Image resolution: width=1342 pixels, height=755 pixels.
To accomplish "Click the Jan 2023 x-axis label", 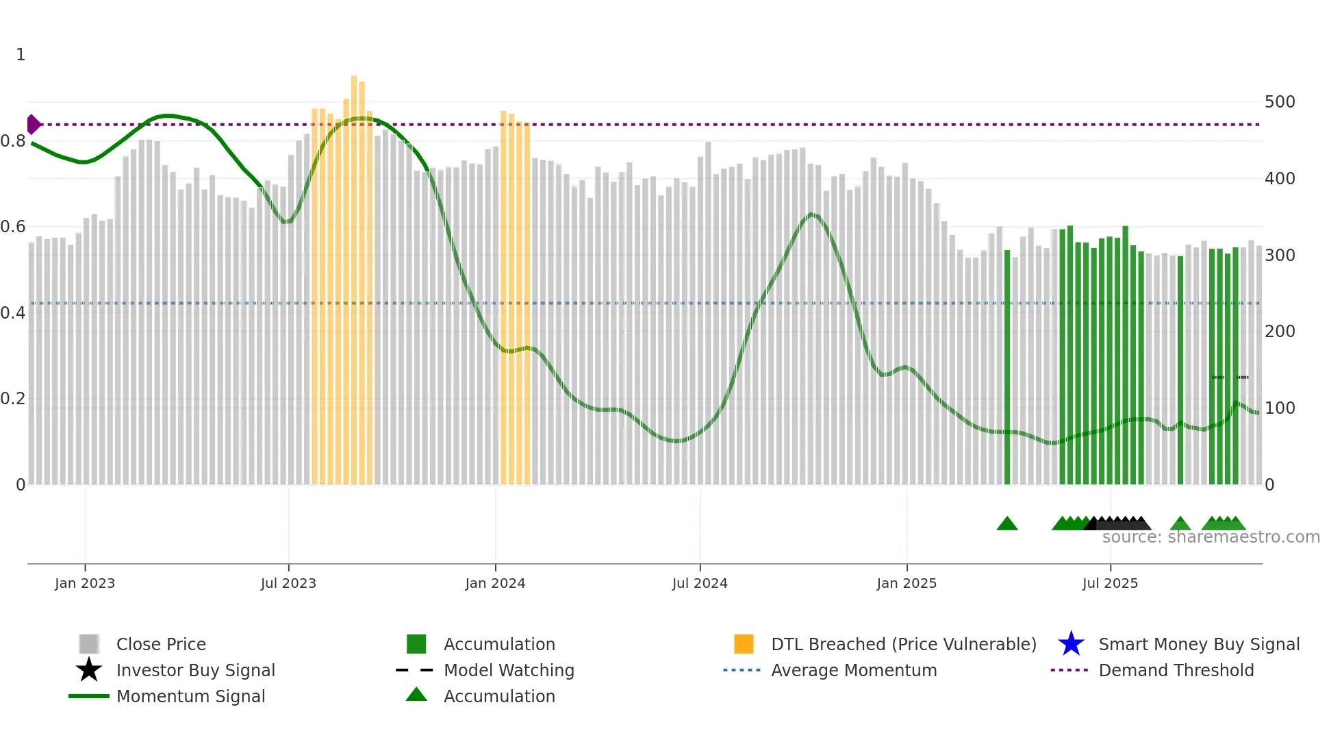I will pyautogui.click(x=85, y=583).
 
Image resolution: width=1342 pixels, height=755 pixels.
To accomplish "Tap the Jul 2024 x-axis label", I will pyautogui.click(x=700, y=583).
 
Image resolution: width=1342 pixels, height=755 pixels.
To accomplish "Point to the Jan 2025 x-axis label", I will pyautogui.click(x=907, y=583).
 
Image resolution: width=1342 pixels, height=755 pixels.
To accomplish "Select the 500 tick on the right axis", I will pyautogui.click(x=1280, y=102).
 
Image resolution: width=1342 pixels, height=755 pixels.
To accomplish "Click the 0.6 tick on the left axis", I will pyautogui.click(x=13, y=227).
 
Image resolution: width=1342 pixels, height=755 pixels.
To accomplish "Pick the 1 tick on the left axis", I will pyautogui.click(x=21, y=55).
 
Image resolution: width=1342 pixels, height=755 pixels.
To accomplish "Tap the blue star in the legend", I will pyautogui.click(x=1071, y=644).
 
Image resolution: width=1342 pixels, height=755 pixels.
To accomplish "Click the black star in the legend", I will pyautogui.click(x=89, y=670).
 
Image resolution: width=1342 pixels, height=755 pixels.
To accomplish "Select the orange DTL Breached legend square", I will pyautogui.click(x=744, y=644).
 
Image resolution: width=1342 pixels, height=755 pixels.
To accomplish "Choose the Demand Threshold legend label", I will pyautogui.click(x=1176, y=670).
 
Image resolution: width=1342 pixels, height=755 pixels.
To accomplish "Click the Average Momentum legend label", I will pyautogui.click(x=854, y=670).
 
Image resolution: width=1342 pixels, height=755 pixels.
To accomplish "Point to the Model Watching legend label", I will pyautogui.click(x=509, y=670).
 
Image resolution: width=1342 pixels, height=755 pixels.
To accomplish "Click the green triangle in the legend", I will pyautogui.click(x=416, y=695).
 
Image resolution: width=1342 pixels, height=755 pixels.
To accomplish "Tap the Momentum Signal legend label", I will pyautogui.click(x=190, y=696).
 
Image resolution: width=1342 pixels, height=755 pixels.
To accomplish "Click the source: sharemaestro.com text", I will pyautogui.click(x=1211, y=537).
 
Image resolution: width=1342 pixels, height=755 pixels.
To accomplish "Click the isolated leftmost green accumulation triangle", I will pyautogui.click(x=1007, y=524).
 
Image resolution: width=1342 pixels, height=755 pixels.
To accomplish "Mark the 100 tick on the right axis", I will pyautogui.click(x=1280, y=408).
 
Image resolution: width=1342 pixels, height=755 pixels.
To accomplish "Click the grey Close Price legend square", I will pyautogui.click(x=89, y=644).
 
